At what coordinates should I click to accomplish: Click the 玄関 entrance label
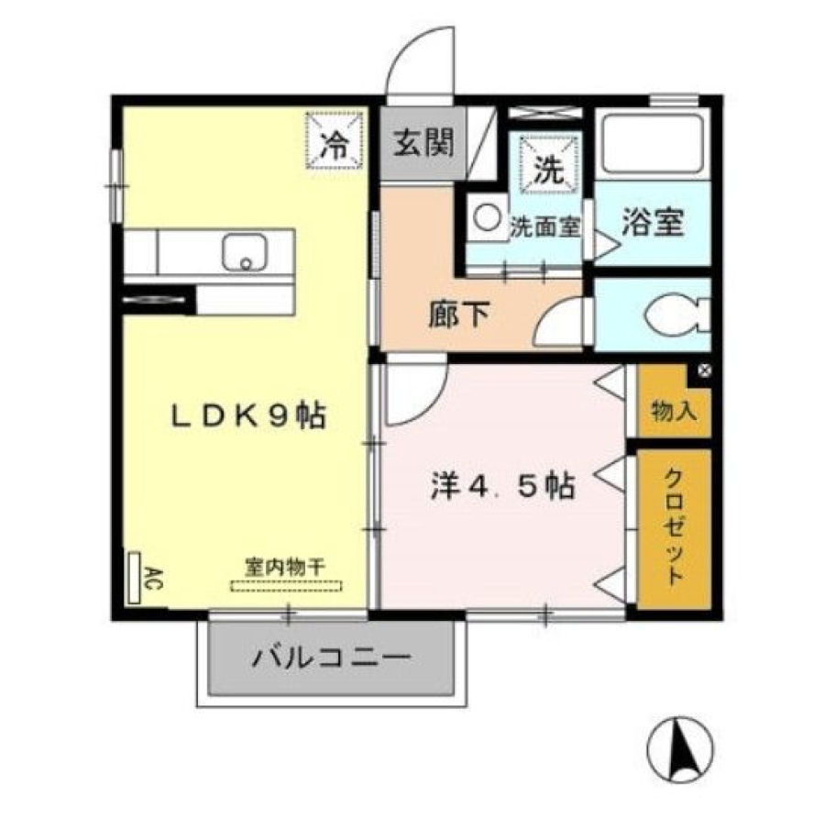(x=423, y=142)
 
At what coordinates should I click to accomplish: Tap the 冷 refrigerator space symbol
(x=335, y=140)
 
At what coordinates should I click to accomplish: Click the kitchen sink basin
(x=244, y=252)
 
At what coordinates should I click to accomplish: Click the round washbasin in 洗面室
(x=488, y=216)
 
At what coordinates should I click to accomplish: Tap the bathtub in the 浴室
(x=653, y=143)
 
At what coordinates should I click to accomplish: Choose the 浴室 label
(x=653, y=223)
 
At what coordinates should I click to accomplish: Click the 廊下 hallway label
(x=459, y=315)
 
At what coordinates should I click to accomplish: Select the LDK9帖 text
(x=248, y=415)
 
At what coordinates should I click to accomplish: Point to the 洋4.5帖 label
(x=503, y=486)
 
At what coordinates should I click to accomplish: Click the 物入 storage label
(x=674, y=410)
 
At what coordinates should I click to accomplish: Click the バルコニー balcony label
(x=332, y=658)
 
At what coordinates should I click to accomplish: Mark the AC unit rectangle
(x=135, y=578)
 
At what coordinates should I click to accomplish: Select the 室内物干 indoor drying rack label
(x=285, y=567)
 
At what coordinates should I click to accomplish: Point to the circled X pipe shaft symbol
(x=705, y=371)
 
